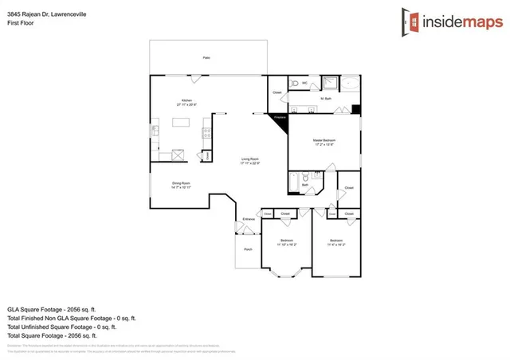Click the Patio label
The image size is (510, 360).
tap(206, 58)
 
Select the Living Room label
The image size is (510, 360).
tap(250, 160)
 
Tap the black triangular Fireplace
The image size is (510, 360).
tap(279, 118)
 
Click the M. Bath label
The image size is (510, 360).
tap(326, 99)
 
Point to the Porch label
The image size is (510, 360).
tap(247, 250)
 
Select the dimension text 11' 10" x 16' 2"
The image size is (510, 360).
tap(287, 245)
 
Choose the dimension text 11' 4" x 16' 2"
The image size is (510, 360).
tap(335, 245)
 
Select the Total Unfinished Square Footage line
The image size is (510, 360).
tap(62, 327)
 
